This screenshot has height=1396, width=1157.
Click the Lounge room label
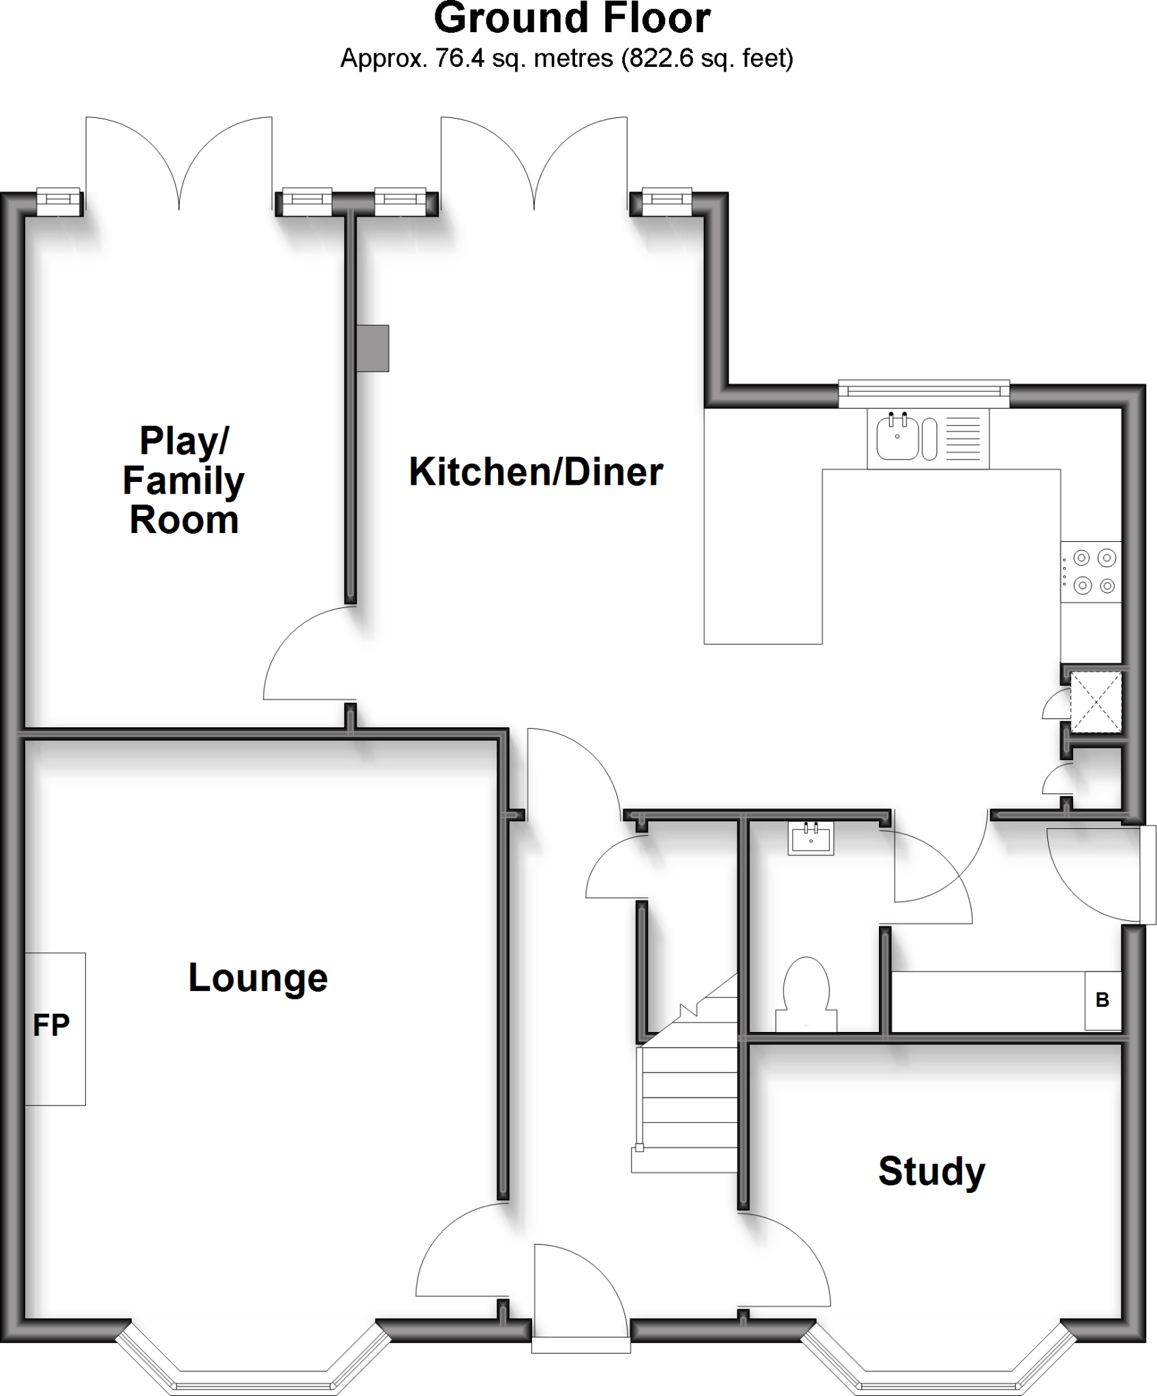pos(258,978)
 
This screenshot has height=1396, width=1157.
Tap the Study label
pos(931,1171)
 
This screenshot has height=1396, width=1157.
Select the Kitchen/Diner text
pos(536,472)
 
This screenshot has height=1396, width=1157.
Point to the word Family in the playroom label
pos(183,481)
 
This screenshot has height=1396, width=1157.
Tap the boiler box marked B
pos(1102,1000)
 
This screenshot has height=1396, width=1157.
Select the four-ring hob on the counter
pos(1090,571)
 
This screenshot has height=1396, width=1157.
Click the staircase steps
pos(688,1104)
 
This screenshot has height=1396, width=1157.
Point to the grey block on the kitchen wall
pos(373,348)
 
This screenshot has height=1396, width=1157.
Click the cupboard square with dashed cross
pos(1095,702)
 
